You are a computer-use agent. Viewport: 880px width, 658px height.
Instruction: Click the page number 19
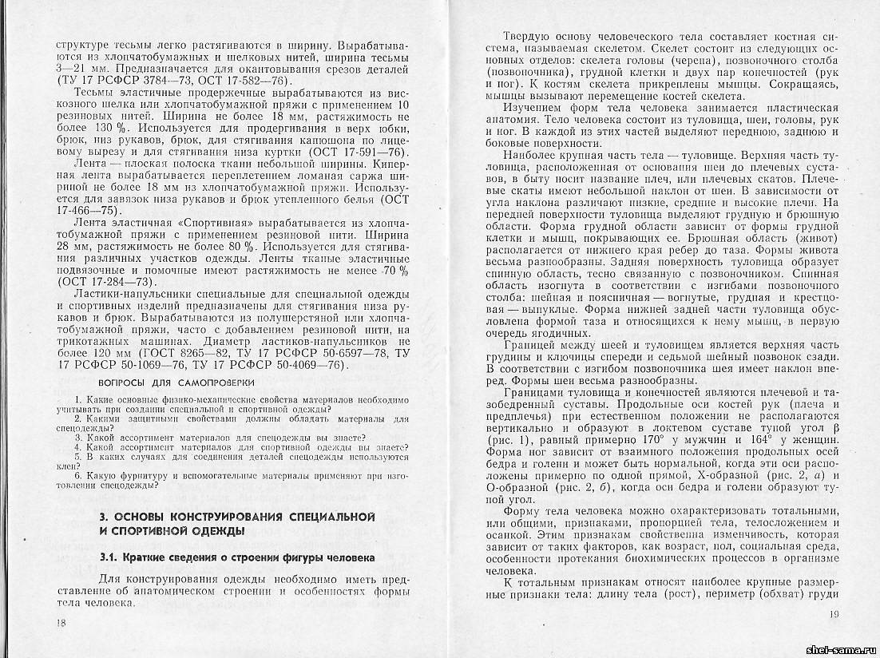click(835, 613)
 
